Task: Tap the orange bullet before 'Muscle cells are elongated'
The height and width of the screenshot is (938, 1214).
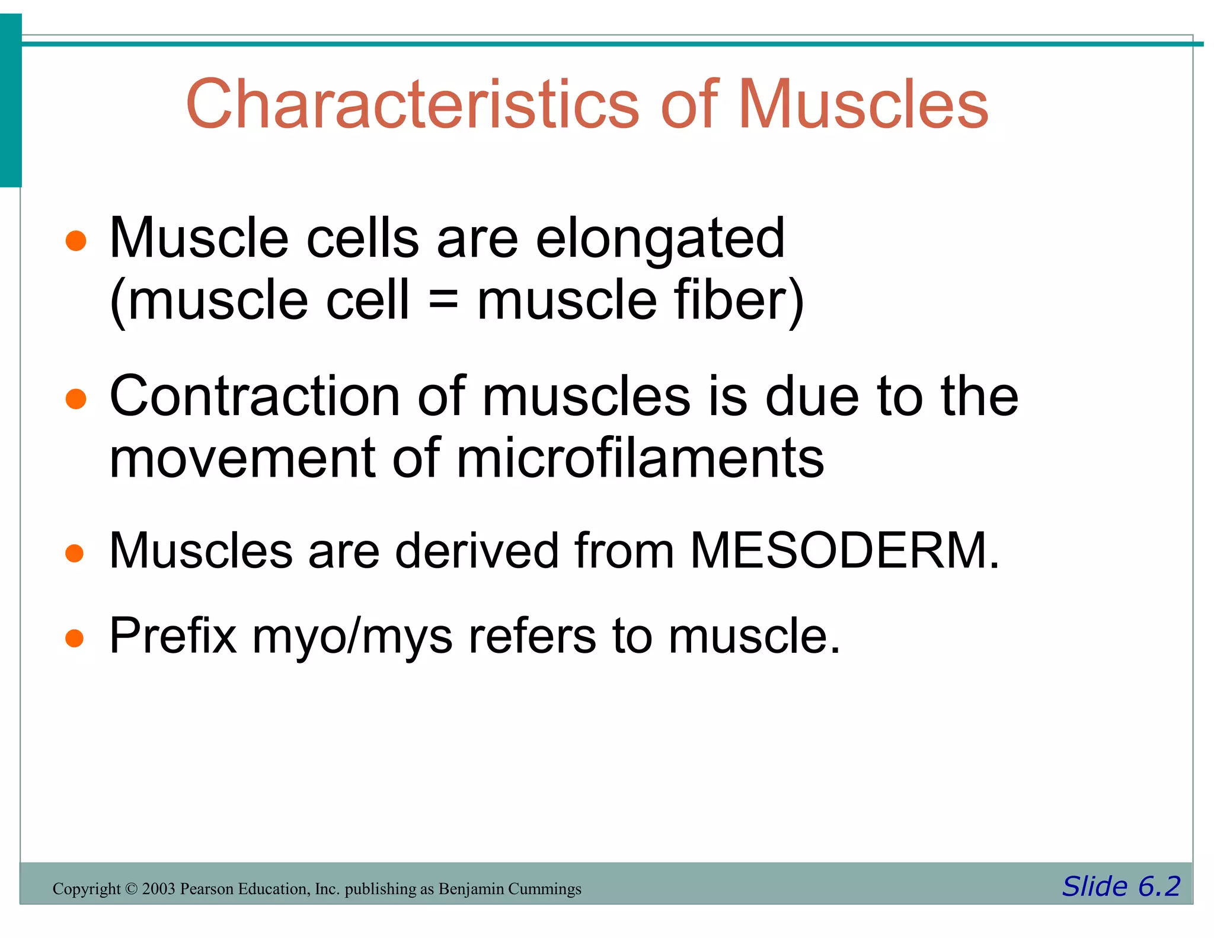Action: [76, 241]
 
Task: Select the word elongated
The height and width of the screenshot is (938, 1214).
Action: [660, 239]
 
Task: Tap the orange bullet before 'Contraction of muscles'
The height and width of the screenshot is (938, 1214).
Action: [76, 399]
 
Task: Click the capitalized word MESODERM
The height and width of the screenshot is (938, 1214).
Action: [844, 550]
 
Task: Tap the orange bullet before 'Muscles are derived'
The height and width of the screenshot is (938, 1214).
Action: [75, 553]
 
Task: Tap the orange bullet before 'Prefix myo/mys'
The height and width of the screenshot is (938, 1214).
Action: [75, 639]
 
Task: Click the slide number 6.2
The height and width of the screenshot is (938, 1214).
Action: [1159, 886]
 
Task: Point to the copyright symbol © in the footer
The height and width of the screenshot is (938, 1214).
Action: [131, 889]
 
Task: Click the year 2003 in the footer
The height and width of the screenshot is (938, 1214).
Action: [158, 889]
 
